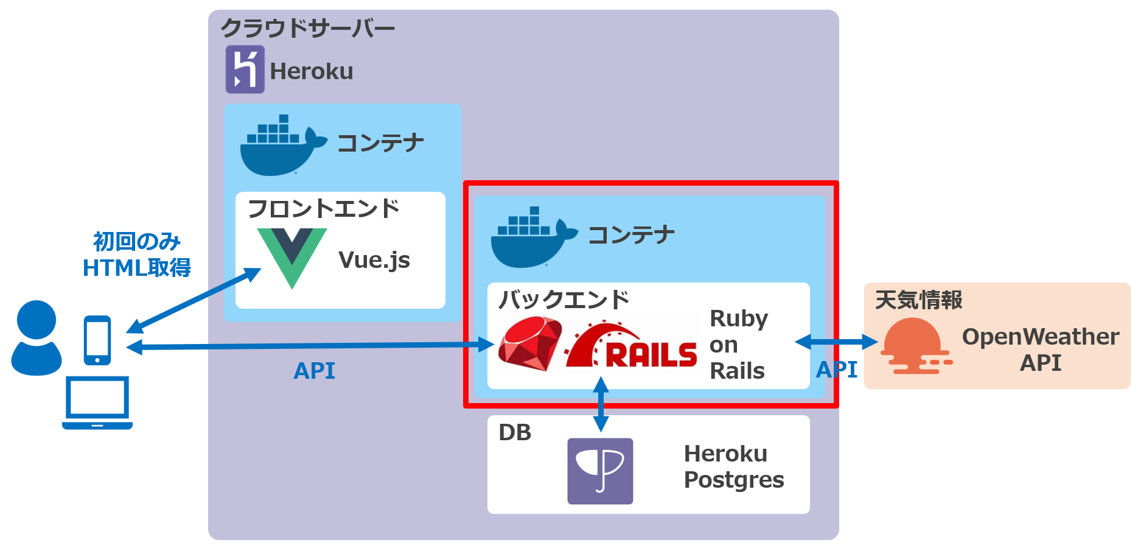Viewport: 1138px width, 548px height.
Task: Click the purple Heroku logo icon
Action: click(245, 69)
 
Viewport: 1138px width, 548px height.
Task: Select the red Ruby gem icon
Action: click(529, 344)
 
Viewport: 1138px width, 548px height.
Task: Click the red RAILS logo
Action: click(633, 347)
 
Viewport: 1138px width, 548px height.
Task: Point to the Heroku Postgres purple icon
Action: click(600, 471)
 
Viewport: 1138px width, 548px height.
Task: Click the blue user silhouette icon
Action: click(37, 337)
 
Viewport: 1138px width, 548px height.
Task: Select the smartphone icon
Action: click(97, 340)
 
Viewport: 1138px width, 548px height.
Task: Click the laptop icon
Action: click(97, 403)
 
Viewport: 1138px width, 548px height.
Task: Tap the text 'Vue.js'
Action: click(374, 260)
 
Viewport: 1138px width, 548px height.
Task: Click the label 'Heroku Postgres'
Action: click(733, 466)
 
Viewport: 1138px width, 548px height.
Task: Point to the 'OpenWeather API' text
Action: click(1040, 349)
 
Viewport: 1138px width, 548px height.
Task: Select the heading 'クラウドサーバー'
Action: click(307, 28)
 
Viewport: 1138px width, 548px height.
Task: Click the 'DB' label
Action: click(515, 432)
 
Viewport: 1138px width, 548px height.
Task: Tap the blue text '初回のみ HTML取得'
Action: click(137, 255)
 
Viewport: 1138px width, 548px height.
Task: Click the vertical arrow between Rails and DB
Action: click(601, 404)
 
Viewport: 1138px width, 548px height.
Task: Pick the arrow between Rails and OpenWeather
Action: click(836, 342)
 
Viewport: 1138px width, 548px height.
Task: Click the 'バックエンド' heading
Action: click(564, 300)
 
